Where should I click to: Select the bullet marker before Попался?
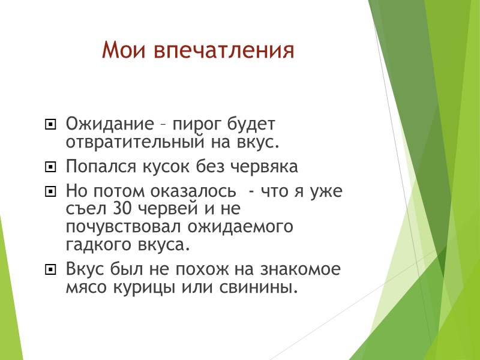(50, 166)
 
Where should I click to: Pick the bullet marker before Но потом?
(50, 192)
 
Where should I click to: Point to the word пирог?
(195, 125)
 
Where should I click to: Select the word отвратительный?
(134, 143)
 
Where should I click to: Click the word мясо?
(84, 288)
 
